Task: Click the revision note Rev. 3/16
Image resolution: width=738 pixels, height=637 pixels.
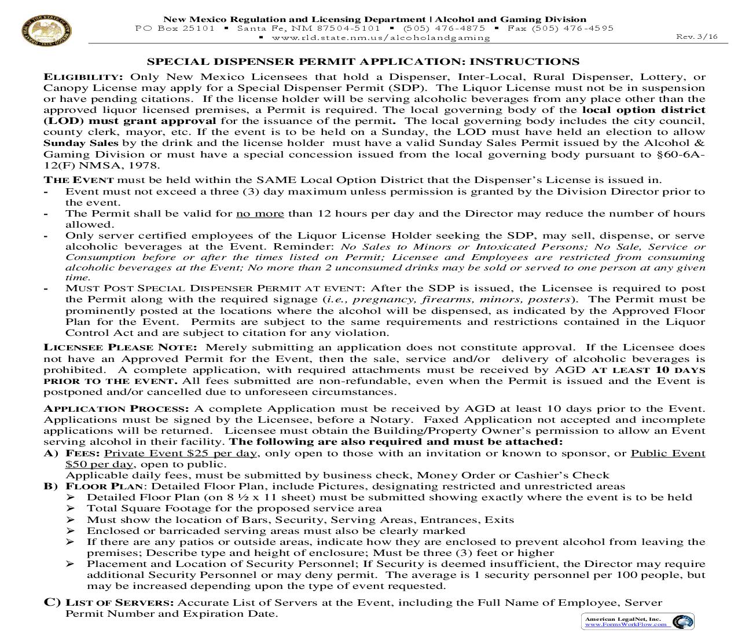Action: click(x=696, y=36)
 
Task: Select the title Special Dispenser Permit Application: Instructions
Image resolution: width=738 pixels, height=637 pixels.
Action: click(x=363, y=62)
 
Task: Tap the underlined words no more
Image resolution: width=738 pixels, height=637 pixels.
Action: click(x=260, y=214)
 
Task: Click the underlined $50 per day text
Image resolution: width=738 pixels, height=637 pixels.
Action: click(x=100, y=464)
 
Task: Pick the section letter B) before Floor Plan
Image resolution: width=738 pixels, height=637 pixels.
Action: click(x=51, y=486)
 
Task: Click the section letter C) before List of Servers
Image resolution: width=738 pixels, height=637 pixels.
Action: click(x=52, y=603)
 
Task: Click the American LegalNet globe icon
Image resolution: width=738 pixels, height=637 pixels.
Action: click(x=684, y=621)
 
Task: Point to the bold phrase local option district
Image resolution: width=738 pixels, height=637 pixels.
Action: click(x=644, y=110)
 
